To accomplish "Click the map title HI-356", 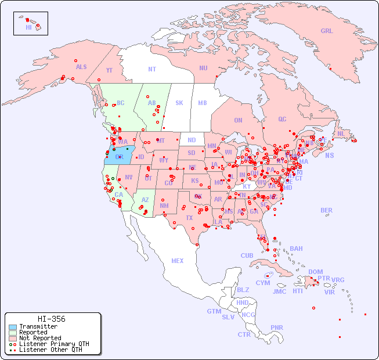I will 51,319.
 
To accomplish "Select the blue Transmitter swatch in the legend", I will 12,327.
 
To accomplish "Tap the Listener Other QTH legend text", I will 50,350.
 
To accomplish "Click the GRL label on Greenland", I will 327,31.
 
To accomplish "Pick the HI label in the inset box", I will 28,27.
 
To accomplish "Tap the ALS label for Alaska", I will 81,67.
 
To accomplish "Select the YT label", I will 109,70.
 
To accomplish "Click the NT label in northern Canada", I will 151,69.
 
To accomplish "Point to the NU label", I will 203,68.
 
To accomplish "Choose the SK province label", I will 179,103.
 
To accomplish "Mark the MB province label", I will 203,103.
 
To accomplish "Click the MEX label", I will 178,261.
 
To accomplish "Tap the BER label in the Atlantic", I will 326,210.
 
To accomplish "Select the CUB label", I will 247,255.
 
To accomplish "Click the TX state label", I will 189,218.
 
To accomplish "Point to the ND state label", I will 192,141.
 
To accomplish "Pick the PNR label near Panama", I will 277,327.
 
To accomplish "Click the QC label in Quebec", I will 282,119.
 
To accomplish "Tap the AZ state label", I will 145,200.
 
